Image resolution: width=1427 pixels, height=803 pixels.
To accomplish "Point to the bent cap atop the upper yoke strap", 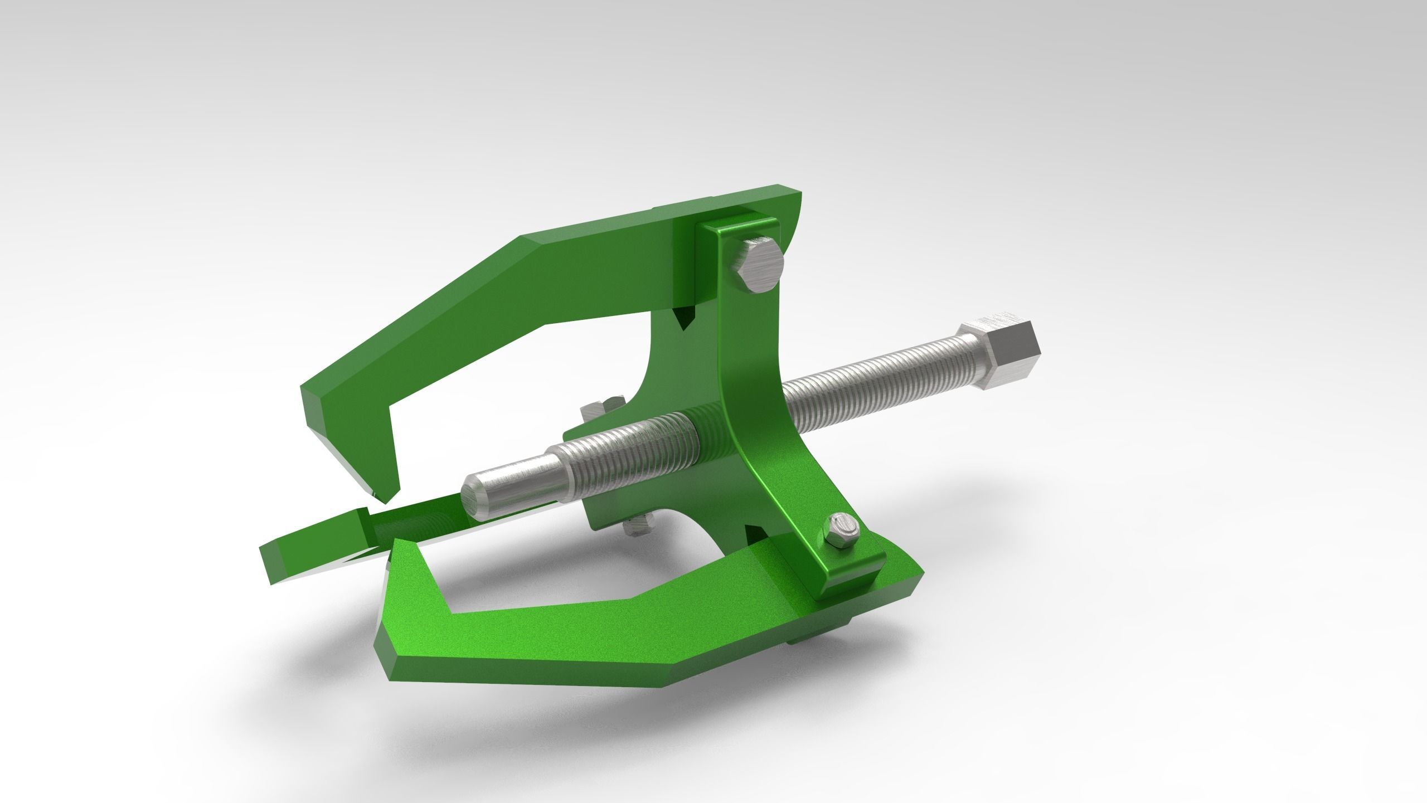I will (736, 228).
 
